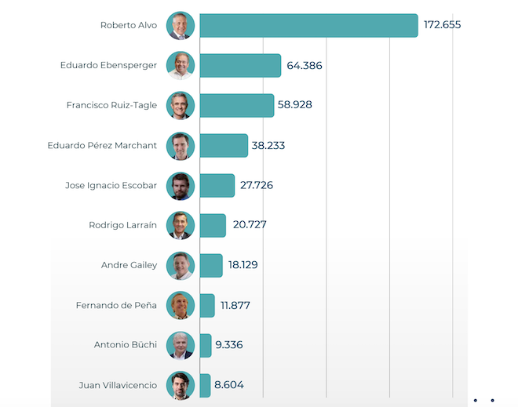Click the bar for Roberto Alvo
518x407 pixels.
(x=308, y=25)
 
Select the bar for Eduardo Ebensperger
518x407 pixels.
(x=240, y=65)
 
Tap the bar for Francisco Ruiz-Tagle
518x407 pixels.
(x=236, y=105)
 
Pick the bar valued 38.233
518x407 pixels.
(x=224, y=145)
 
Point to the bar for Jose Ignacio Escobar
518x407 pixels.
(x=217, y=185)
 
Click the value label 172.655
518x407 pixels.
(x=442, y=25)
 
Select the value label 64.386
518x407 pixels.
(x=305, y=66)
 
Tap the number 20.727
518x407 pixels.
(x=250, y=225)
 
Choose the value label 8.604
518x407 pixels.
(x=230, y=385)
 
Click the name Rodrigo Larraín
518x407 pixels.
(x=122, y=225)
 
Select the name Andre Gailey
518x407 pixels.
(x=129, y=265)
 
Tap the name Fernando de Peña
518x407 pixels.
(x=116, y=305)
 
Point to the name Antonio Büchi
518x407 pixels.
(x=126, y=345)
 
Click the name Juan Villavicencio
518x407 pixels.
(x=118, y=385)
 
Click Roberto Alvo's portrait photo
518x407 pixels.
(x=181, y=25)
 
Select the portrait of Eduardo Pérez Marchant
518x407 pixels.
(x=181, y=145)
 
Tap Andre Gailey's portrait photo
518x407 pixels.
(x=181, y=265)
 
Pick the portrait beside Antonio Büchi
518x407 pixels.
(x=181, y=345)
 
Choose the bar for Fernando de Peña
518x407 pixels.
(x=207, y=305)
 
